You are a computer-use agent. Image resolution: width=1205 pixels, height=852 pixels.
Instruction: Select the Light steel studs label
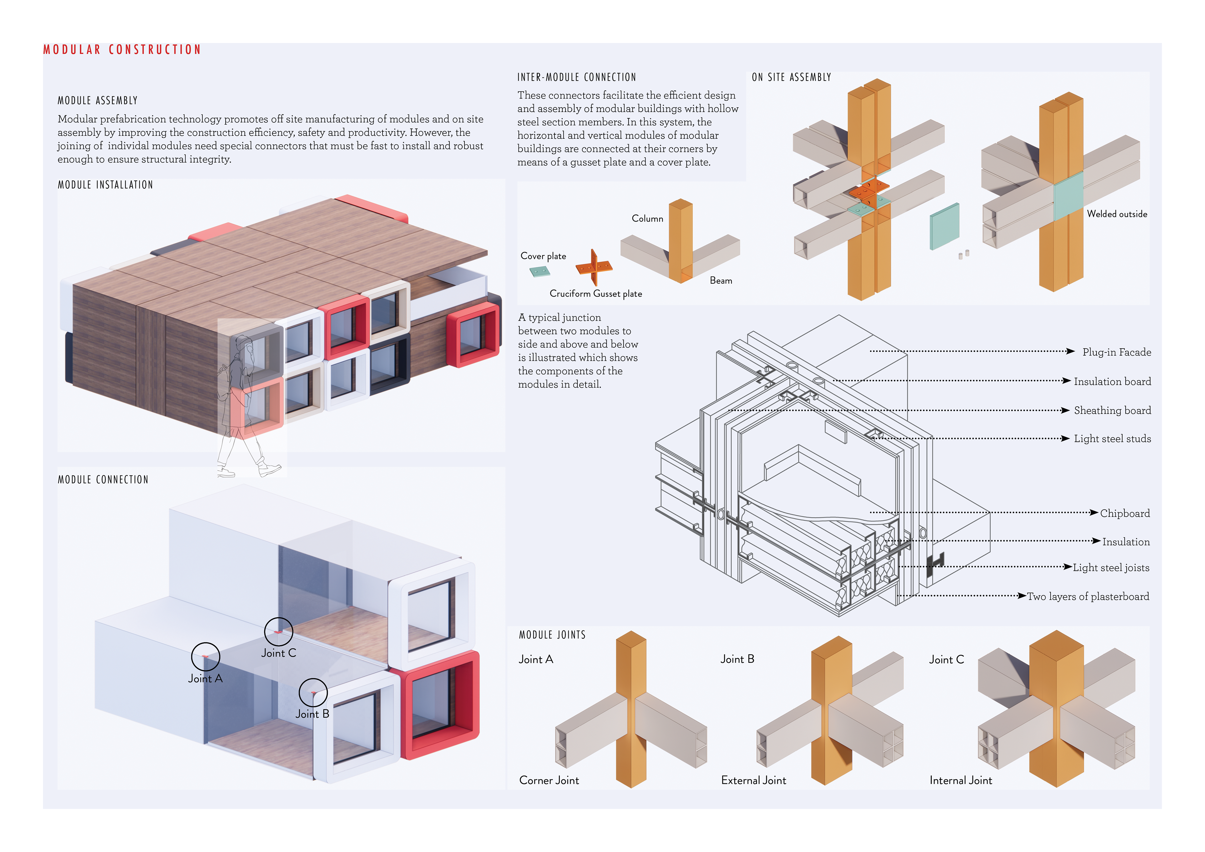pos(1112,439)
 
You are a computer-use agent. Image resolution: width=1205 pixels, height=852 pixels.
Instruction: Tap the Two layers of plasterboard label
pos(1088,596)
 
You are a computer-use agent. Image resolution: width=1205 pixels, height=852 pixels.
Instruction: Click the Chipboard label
pos(1125,513)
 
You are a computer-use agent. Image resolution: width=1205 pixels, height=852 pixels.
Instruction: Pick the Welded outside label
pos(1117,214)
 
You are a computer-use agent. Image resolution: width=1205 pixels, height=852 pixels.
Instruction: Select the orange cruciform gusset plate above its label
pos(594,267)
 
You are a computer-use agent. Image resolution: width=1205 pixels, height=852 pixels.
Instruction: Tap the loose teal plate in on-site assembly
pos(945,226)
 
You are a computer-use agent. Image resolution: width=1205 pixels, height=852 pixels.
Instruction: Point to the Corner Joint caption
pos(549,780)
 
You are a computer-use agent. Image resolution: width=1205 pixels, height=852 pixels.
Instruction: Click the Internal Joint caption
pos(961,780)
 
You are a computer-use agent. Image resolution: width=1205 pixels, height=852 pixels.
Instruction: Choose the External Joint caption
pos(754,780)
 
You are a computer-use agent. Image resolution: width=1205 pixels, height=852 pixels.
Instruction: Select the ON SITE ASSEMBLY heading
pos(791,77)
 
